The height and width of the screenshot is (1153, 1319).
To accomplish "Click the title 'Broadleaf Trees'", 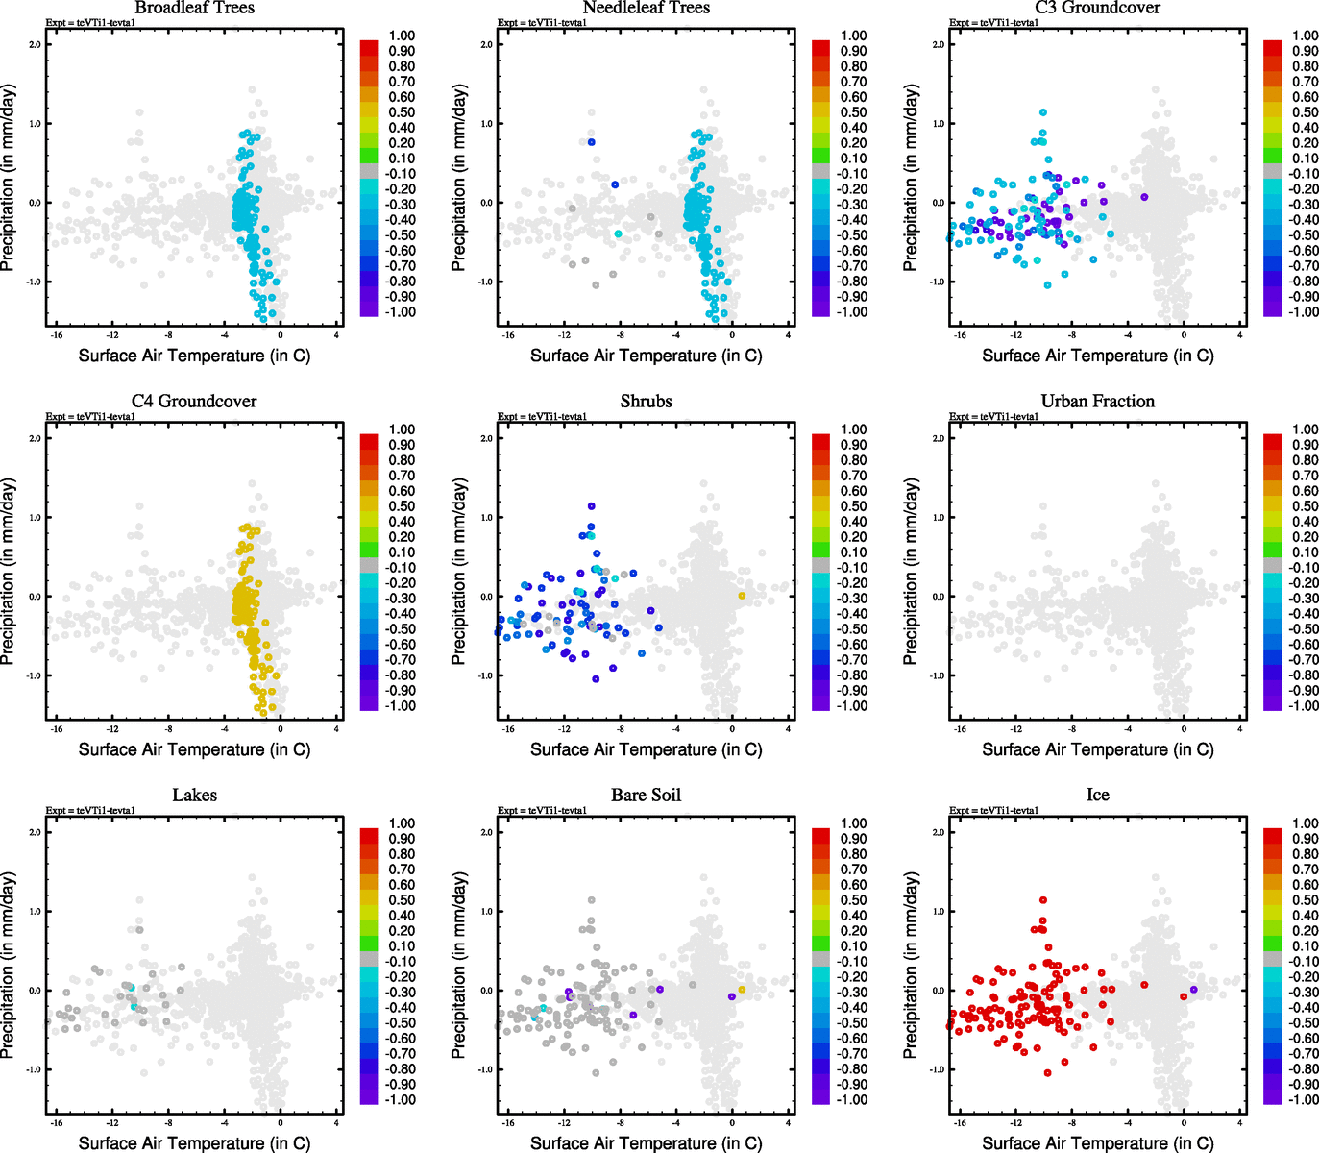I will tap(194, 8).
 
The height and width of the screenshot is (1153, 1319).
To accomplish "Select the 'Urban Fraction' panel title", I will tap(1097, 402).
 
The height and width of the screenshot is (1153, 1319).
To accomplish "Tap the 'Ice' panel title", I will tap(1097, 796).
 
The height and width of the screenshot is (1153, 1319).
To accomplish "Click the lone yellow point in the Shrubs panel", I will tap(742, 596).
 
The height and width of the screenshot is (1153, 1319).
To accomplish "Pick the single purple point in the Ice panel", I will tap(1193, 989).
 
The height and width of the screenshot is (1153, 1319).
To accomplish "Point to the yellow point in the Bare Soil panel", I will tap(742, 989).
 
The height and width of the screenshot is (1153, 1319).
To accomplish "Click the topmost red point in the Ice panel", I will tap(1043, 900).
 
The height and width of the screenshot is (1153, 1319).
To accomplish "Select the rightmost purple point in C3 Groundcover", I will tap(1144, 197).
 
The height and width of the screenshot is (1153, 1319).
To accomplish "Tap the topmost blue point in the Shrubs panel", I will tap(592, 506).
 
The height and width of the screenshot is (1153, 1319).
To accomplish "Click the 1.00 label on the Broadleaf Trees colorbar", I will tap(402, 36).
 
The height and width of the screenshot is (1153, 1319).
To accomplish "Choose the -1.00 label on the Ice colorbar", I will tap(1306, 1099).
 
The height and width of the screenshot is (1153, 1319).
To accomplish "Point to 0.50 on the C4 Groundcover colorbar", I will tap(402, 506).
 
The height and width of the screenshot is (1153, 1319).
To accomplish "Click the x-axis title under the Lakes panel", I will tap(194, 1142).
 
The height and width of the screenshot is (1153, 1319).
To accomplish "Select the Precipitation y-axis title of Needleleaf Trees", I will tap(458, 178).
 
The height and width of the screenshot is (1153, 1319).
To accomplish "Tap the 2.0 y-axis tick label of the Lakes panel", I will tap(35, 832).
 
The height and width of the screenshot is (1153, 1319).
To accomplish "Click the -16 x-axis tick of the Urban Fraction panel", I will tap(960, 729).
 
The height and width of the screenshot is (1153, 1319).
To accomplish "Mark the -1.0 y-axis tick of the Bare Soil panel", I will tap(486, 1069).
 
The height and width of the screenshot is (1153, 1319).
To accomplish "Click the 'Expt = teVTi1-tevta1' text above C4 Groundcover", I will tap(90, 417).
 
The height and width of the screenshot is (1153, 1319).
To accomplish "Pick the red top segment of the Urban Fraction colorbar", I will tap(1272, 442).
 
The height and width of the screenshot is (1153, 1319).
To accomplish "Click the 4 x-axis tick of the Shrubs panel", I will tap(788, 729).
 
